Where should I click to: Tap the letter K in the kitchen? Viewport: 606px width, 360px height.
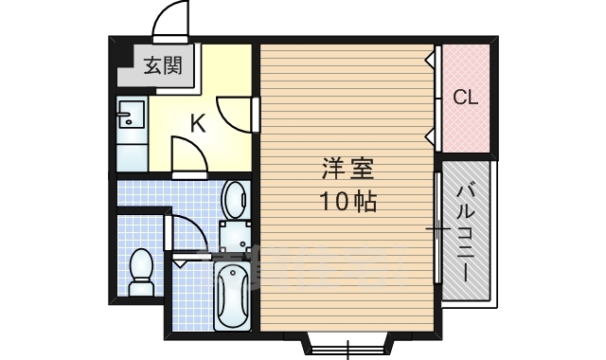(197, 122)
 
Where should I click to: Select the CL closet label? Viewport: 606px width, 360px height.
(466, 97)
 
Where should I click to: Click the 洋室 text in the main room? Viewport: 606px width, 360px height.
(348, 171)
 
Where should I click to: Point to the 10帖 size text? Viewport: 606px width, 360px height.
(347, 202)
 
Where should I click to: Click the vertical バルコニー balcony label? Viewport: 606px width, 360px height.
(466, 231)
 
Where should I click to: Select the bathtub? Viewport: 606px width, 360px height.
(232, 296)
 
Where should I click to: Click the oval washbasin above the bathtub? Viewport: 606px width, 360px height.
(233, 201)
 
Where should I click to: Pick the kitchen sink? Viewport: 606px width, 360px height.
(131, 118)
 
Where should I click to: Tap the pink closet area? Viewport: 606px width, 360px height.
(466, 98)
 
